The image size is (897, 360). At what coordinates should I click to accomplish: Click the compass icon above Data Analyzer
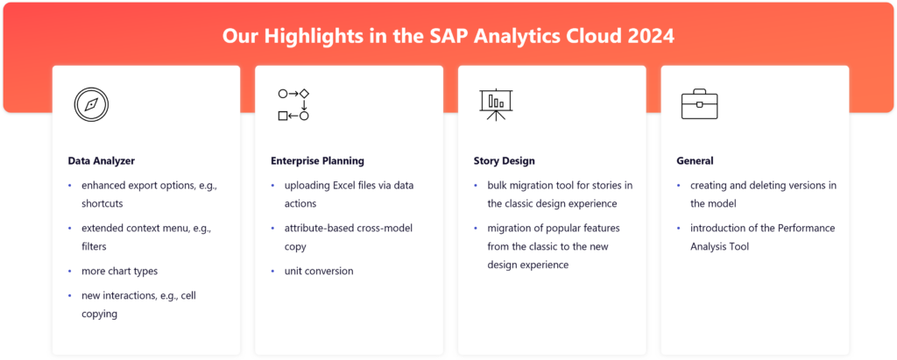(91, 104)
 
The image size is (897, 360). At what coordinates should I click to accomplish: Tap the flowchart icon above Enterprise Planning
(293, 104)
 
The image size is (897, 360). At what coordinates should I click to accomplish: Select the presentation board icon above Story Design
(496, 104)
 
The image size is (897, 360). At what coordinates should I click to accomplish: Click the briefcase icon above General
(699, 104)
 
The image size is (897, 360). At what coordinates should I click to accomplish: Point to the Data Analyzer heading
(102, 161)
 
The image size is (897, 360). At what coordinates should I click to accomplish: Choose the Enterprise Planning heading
(317, 161)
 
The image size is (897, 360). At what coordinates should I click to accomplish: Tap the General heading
(695, 161)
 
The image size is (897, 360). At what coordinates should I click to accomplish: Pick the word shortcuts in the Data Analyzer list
(102, 203)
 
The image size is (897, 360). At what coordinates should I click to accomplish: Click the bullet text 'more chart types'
(119, 271)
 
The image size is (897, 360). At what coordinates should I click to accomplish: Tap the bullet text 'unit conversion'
(319, 271)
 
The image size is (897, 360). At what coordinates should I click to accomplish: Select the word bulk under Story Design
(498, 186)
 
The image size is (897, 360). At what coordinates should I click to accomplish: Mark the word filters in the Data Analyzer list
(95, 246)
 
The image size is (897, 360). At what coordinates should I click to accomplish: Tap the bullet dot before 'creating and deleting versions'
(679, 186)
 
